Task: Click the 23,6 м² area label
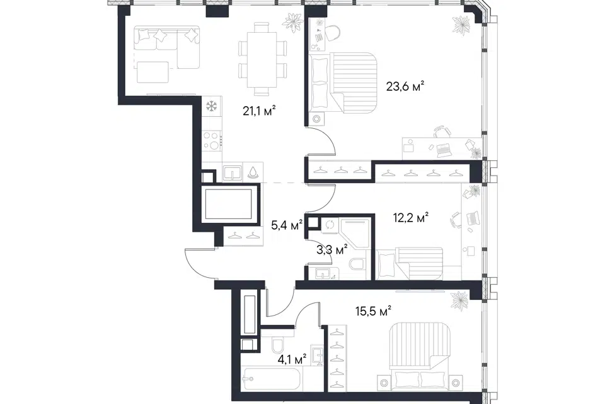(x=405, y=86)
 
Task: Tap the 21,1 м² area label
(x=259, y=111)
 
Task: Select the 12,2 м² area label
(x=411, y=218)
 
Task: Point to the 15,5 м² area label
(x=374, y=311)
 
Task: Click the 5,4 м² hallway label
(x=287, y=225)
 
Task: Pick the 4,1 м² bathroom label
(x=292, y=360)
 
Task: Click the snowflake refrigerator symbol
(x=211, y=106)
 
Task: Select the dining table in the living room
(x=262, y=59)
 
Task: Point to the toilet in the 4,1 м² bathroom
(x=277, y=345)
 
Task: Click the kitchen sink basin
(x=233, y=172)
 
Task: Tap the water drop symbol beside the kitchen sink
(x=252, y=172)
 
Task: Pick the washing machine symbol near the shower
(x=330, y=225)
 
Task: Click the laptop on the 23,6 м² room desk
(x=444, y=150)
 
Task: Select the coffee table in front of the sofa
(x=153, y=72)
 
